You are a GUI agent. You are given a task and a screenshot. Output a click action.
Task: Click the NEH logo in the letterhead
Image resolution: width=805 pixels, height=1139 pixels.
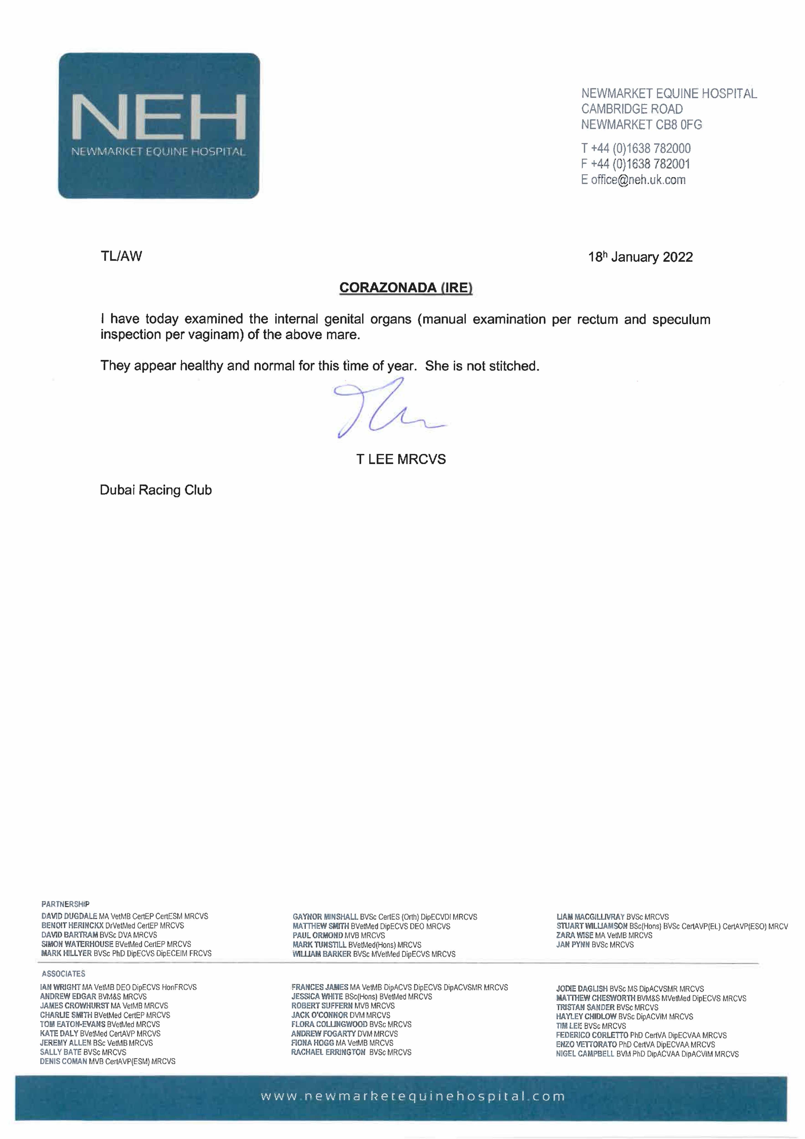159,126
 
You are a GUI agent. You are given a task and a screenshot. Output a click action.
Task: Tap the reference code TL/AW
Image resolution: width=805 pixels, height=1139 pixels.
121,256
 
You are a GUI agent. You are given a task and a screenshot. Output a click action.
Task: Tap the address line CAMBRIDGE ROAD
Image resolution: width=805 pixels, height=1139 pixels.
632,109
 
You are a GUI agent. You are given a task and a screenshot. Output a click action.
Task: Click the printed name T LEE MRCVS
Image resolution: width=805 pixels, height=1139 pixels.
401,459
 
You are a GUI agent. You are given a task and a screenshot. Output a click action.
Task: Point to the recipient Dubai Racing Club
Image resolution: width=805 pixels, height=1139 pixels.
156,490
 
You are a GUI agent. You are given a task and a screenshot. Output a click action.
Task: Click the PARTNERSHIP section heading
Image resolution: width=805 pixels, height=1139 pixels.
66,904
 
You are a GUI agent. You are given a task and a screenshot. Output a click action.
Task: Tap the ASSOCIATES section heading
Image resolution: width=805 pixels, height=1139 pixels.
64,974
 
